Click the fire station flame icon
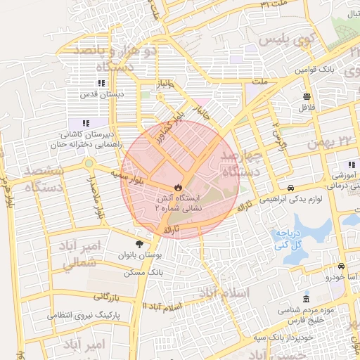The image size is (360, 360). tap(178, 188)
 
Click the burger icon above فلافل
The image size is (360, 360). tap(307, 97)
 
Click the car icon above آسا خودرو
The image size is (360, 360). tap(340, 267)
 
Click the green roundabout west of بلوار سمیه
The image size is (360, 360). tap(89, 164)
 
